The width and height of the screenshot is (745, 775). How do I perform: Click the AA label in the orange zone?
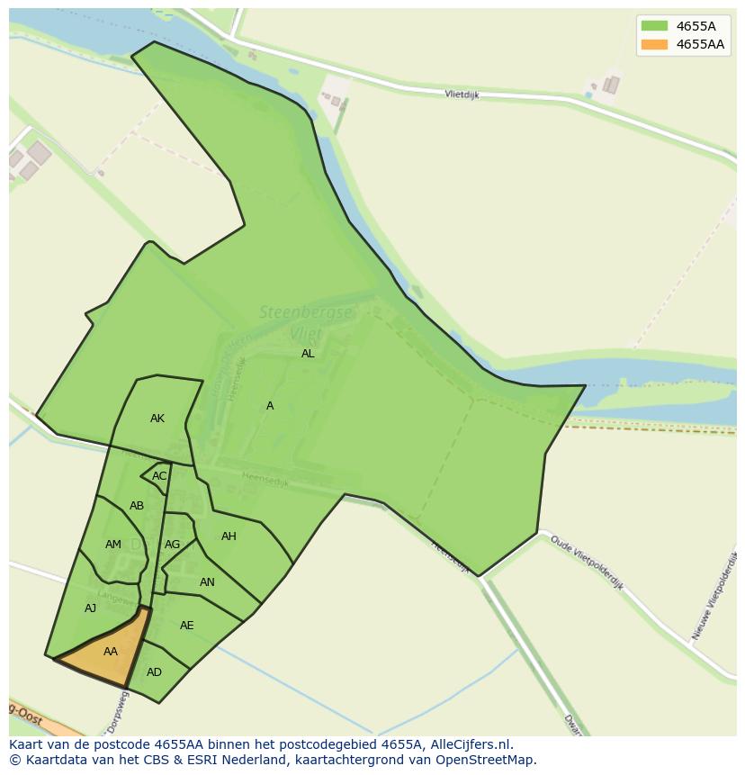[x=111, y=652]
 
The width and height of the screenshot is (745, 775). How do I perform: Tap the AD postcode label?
[x=154, y=672]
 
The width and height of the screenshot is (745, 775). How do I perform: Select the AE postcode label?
[x=186, y=626]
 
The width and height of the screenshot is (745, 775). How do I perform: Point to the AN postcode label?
[x=207, y=582]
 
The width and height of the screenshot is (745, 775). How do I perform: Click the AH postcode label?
[x=229, y=536]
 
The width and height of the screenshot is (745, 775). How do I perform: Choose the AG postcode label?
[x=172, y=545]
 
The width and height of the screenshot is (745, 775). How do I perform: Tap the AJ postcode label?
[x=90, y=608]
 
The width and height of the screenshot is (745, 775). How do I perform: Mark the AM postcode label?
[x=112, y=545]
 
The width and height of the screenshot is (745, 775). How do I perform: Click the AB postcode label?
[x=137, y=506]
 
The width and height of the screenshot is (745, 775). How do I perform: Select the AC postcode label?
[x=159, y=476]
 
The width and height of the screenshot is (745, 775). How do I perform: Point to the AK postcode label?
[x=157, y=419]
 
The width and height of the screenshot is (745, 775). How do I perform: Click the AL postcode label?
[x=308, y=354]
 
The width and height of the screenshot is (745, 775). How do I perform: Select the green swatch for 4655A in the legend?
[x=654, y=26]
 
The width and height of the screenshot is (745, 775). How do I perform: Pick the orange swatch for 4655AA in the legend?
[x=654, y=44]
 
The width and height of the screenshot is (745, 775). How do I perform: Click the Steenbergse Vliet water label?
[x=306, y=322]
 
